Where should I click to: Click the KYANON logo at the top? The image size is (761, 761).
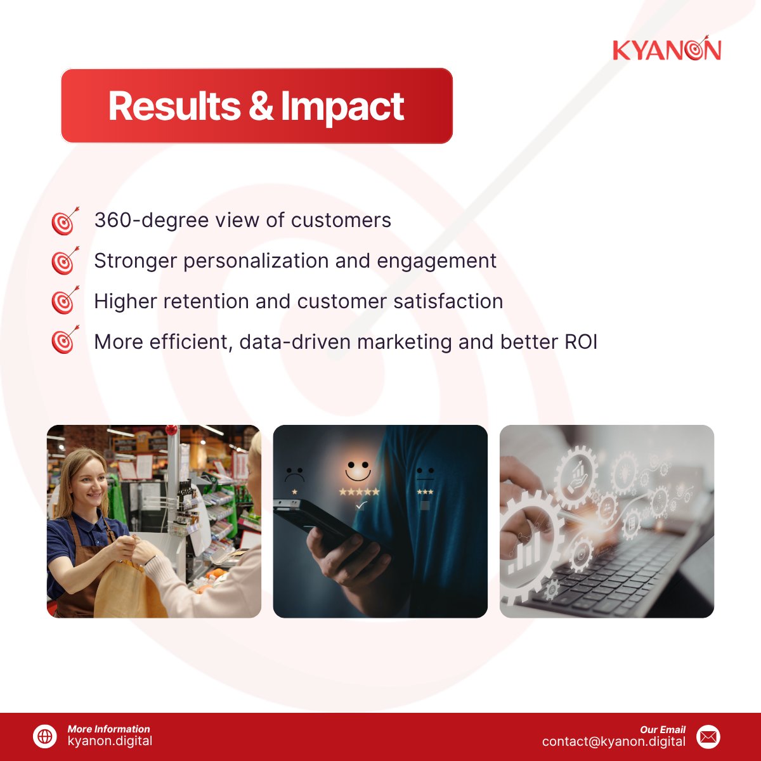pos(667,50)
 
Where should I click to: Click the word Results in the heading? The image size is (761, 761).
pos(174,106)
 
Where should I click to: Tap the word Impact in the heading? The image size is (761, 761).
pos(342,106)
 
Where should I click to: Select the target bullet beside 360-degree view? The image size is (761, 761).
pos(65,221)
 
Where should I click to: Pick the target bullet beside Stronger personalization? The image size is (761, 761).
pos(65,261)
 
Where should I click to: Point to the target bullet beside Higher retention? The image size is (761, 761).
pos(65,301)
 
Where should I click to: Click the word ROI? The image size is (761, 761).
pos(580,342)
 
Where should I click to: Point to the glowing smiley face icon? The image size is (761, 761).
pos(358,469)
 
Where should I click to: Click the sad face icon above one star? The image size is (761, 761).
pos(294,474)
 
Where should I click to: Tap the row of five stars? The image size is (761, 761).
pos(359,491)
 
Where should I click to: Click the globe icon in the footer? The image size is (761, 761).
pos(45,736)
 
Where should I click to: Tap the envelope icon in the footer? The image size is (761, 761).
pos(708,736)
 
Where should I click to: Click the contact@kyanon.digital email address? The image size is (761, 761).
pos(613,741)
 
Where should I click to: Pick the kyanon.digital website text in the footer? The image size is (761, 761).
pos(110,741)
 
